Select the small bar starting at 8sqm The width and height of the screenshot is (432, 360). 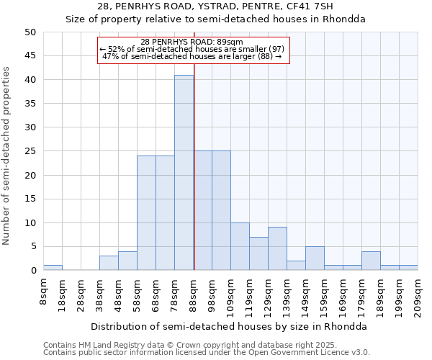coord(53,268)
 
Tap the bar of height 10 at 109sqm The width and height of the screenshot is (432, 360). coord(240,246)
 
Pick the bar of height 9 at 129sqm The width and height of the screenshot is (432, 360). coord(277,249)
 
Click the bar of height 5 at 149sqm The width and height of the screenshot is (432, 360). coord(315,258)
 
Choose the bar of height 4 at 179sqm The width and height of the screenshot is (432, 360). coord(371,261)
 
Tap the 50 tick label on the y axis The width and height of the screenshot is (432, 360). coord(30,32)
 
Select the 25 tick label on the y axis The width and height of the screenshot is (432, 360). coord(30,151)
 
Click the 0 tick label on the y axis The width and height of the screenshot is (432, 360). coord(32,271)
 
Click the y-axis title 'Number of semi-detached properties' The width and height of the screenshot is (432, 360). coord(7,156)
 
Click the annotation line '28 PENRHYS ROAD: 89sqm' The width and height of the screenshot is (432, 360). coord(192,42)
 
